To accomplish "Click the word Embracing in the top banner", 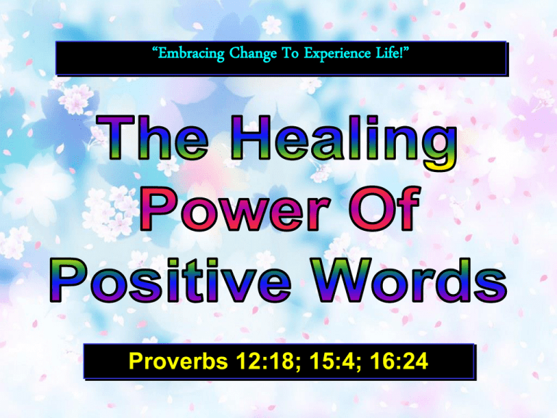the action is click(191, 54).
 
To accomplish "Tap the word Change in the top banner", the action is click(252, 54).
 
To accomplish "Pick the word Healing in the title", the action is click(344, 142).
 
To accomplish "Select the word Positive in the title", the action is click(170, 279).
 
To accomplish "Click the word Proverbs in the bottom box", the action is click(178, 361).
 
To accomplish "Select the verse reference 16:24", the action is click(400, 361).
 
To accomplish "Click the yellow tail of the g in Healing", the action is click(440, 164).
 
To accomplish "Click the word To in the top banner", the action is click(290, 54).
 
